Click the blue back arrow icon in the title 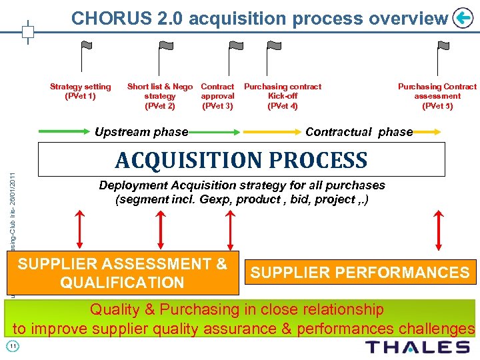point(462,18)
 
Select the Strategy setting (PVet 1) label point(81,91)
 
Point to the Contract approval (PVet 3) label point(217,96)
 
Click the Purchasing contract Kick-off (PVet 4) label point(283,96)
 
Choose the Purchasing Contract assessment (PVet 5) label point(437,96)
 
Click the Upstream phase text point(141,132)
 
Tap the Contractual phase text point(359,132)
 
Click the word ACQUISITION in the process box point(187,160)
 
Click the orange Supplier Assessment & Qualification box point(122,273)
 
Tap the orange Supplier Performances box point(360,273)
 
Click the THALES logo point(418,347)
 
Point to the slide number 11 point(12,346)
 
